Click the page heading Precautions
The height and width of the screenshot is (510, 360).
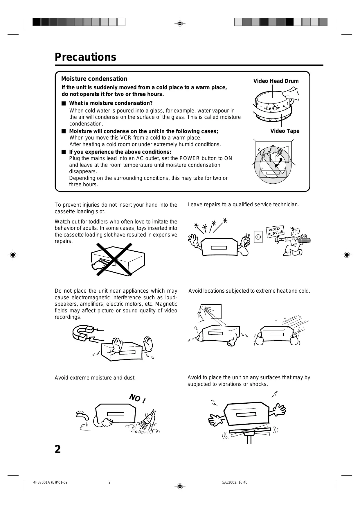85,57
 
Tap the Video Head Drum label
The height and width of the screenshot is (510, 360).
276,81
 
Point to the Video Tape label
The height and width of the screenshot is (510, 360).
285,131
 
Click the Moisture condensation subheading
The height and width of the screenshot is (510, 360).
94,79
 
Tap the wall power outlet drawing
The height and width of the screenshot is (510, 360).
258,237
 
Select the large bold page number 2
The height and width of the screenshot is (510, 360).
58,450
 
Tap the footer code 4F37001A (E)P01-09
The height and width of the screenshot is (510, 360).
51,482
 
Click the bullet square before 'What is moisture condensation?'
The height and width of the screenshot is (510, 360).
64,103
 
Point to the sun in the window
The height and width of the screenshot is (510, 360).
205,308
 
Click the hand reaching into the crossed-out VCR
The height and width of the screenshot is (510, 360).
100,263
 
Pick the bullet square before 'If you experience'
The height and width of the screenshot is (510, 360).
64,152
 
